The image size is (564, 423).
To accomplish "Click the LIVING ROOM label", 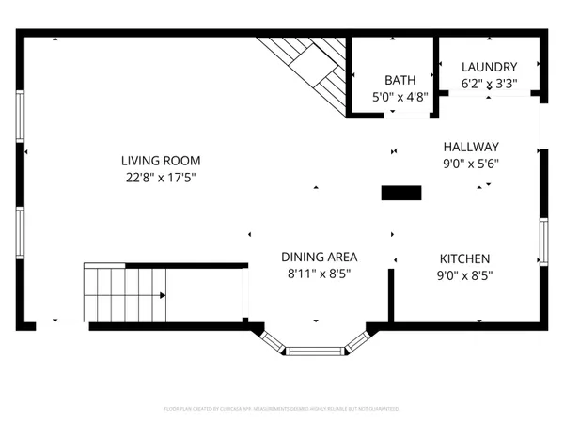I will (x=161, y=161).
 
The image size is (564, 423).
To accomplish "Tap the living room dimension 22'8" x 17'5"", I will (x=161, y=177).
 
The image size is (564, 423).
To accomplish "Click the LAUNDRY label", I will (x=489, y=67).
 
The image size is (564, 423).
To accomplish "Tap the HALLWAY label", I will (x=471, y=147).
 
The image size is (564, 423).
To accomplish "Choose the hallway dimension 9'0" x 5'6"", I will (x=471, y=163).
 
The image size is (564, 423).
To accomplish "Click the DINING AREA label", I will (x=320, y=257).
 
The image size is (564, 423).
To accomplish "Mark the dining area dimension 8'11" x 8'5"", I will (x=320, y=275).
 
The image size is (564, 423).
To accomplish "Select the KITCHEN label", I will (x=465, y=258).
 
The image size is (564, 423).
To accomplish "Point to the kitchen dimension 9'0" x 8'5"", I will (x=465, y=275).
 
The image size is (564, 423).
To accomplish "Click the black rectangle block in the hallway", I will (x=401, y=193).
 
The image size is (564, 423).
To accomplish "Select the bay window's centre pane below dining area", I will (x=315, y=352).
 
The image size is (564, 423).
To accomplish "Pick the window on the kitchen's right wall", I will (x=543, y=241).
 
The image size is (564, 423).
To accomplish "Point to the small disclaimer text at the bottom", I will (x=282, y=409).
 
